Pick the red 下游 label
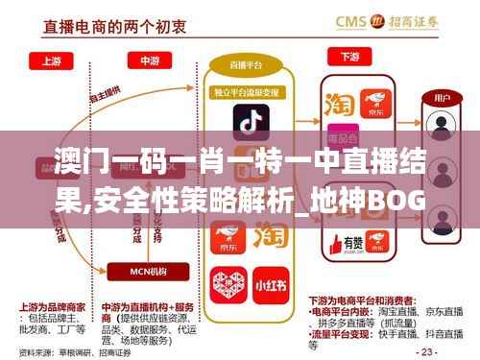click(x=348, y=56)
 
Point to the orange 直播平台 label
click(x=248, y=64)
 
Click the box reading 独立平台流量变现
click(x=248, y=92)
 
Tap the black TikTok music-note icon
click(x=248, y=124)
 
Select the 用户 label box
click(x=443, y=98)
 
